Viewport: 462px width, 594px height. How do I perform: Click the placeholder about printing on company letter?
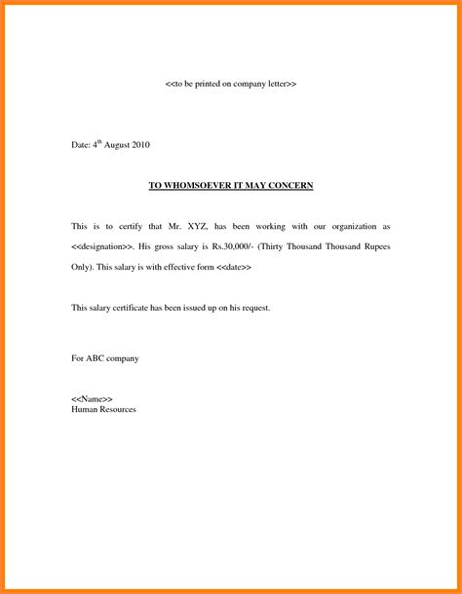pyautogui.click(x=231, y=85)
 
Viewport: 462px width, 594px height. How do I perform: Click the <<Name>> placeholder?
pyautogui.click(x=93, y=400)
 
